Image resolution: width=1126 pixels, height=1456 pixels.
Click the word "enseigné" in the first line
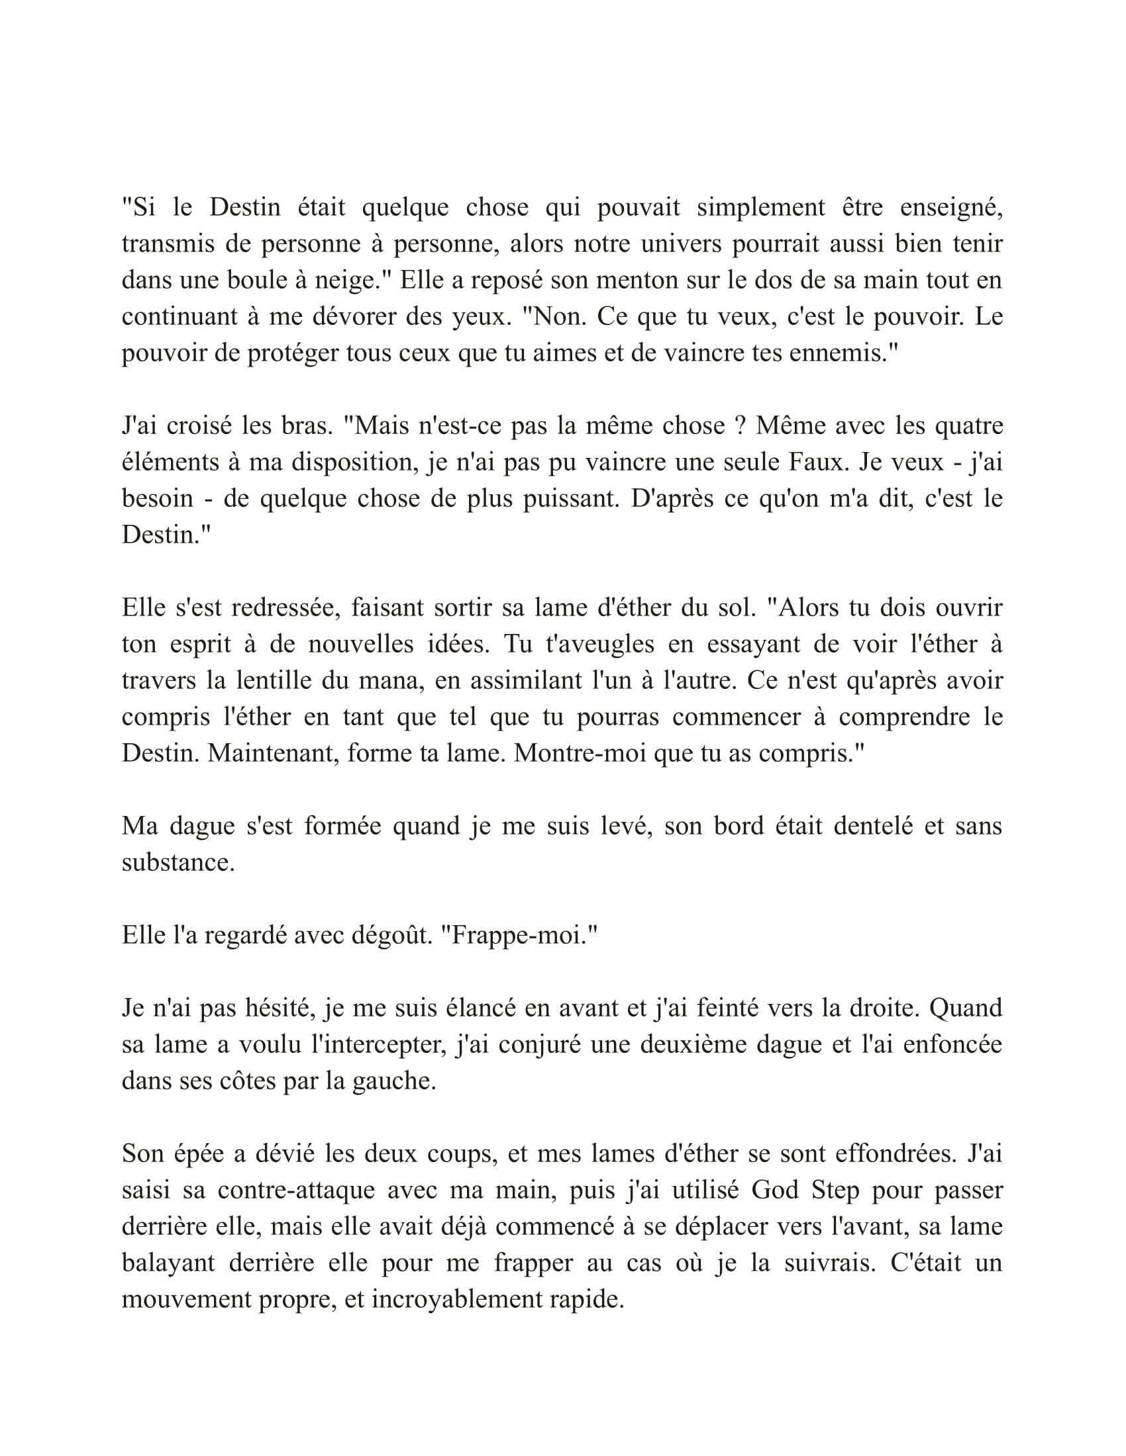click(951, 208)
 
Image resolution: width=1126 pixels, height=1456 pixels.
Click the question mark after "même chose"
click(739, 426)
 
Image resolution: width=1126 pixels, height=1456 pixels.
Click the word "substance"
click(178, 862)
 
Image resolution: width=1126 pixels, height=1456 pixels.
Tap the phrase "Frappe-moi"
click(520, 935)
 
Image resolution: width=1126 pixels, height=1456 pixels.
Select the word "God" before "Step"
click(775, 1190)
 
